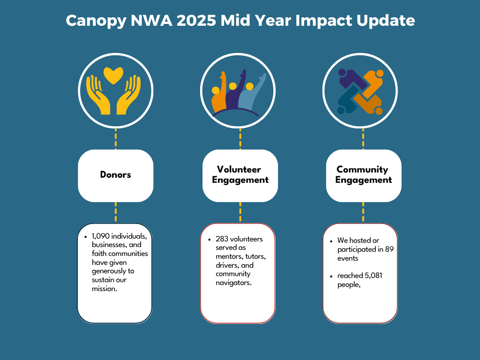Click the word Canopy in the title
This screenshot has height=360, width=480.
[96, 21]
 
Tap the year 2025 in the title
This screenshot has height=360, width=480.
[196, 21]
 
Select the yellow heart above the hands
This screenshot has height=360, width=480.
[113, 75]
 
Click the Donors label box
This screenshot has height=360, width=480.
[116, 175]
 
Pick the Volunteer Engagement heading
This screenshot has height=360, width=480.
[240, 174]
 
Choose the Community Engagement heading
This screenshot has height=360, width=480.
[363, 174]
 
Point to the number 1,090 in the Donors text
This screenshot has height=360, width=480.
[101, 236]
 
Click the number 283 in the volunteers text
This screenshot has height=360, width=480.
[222, 239]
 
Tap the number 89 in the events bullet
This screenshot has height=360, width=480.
[389, 249]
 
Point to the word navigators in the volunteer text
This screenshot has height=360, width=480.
[233, 283]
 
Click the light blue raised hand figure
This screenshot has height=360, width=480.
[252, 93]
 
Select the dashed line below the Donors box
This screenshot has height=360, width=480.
[116, 212]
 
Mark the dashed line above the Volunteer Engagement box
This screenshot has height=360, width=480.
[240, 139]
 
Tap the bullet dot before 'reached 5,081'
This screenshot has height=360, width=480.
[331, 276]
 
